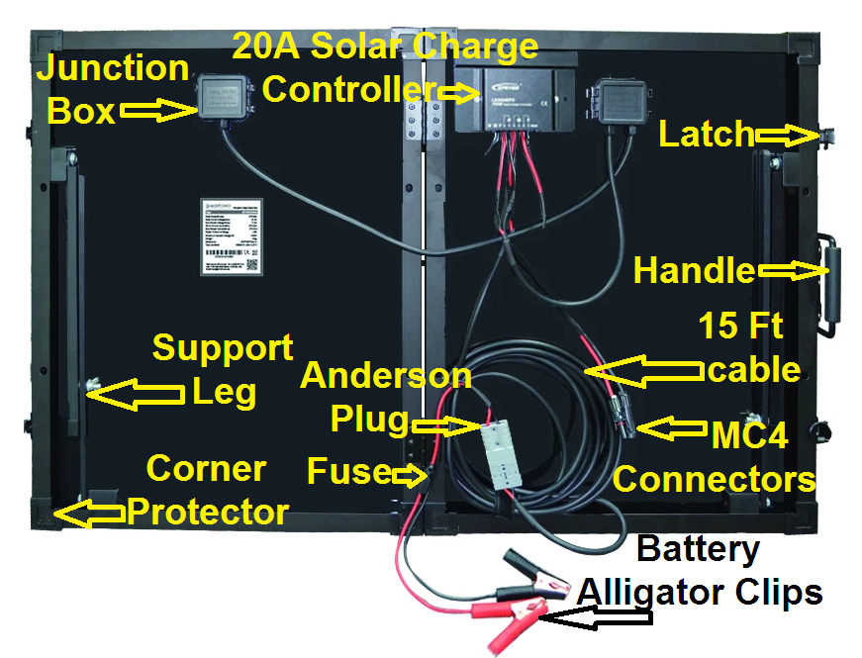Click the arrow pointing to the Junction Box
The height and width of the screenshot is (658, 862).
click(158, 111)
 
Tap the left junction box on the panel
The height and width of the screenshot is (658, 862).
click(225, 98)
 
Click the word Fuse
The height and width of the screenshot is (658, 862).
click(347, 471)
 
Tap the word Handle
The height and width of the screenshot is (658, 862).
click(693, 270)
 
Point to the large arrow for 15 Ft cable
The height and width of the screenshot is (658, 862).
click(643, 371)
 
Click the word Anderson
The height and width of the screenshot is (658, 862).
click(386, 376)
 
